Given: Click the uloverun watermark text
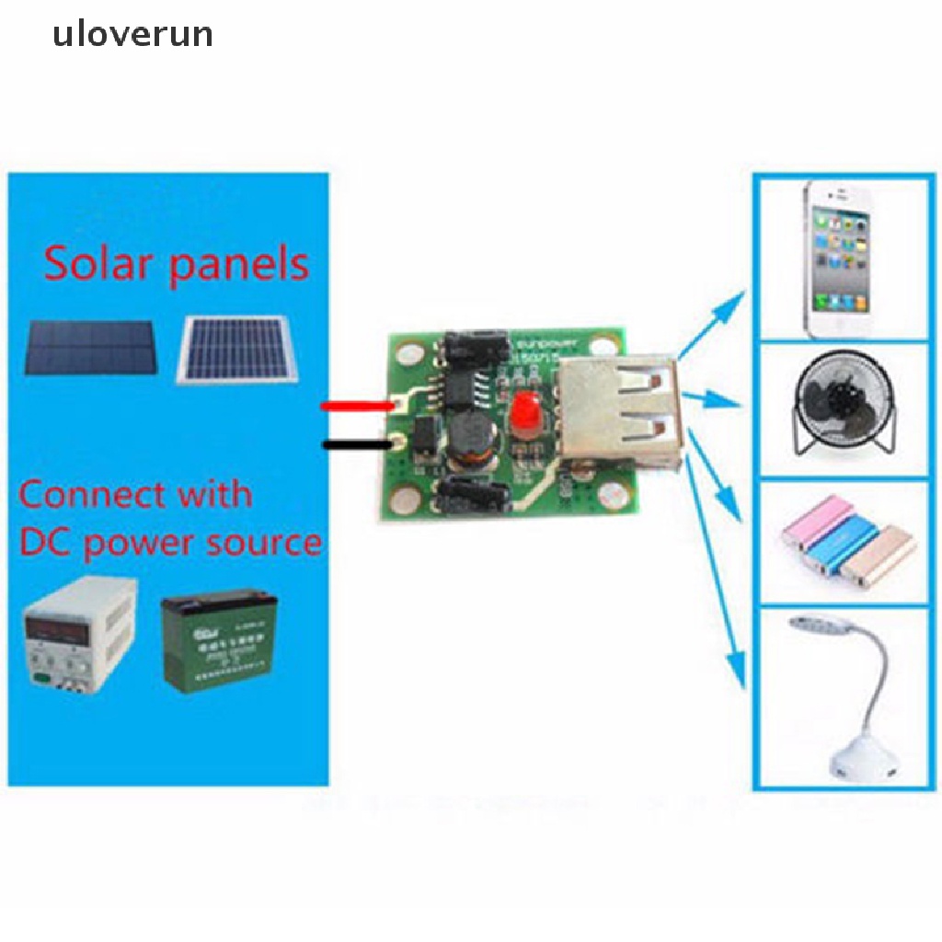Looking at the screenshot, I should (x=132, y=35).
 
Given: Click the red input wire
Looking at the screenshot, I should (x=355, y=406).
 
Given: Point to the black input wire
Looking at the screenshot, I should (x=355, y=444).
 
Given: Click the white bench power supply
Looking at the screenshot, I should (x=77, y=635).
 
